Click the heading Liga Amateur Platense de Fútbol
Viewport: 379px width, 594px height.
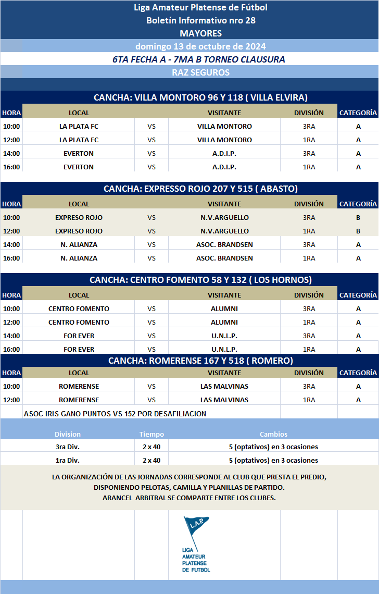click(200, 7)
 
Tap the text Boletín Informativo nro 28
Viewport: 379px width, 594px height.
click(200, 20)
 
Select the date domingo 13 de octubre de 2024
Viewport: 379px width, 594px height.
click(200, 46)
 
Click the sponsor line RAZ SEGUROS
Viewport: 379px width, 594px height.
click(200, 72)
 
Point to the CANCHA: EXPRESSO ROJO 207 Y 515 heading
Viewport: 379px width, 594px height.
click(200, 189)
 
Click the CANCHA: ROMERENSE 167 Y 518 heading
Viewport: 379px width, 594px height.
click(200, 361)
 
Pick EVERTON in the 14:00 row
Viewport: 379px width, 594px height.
click(79, 153)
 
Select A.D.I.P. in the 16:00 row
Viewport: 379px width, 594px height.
click(224, 167)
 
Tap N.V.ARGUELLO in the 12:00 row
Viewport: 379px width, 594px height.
click(224, 231)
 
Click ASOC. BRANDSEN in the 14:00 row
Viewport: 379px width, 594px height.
click(224, 244)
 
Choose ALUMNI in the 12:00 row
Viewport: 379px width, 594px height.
click(224, 322)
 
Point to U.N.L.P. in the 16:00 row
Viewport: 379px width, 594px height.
click(224, 349)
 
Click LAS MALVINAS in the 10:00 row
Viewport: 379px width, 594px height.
click(224, 386)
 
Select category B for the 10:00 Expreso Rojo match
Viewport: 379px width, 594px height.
click(358, 217)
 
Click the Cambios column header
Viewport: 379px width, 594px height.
click(273, 434)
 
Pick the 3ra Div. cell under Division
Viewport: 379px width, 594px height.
click(68, 447)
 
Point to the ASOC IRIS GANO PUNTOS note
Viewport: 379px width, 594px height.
click(115, 414)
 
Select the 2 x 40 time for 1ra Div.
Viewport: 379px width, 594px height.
click(151, 460)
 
